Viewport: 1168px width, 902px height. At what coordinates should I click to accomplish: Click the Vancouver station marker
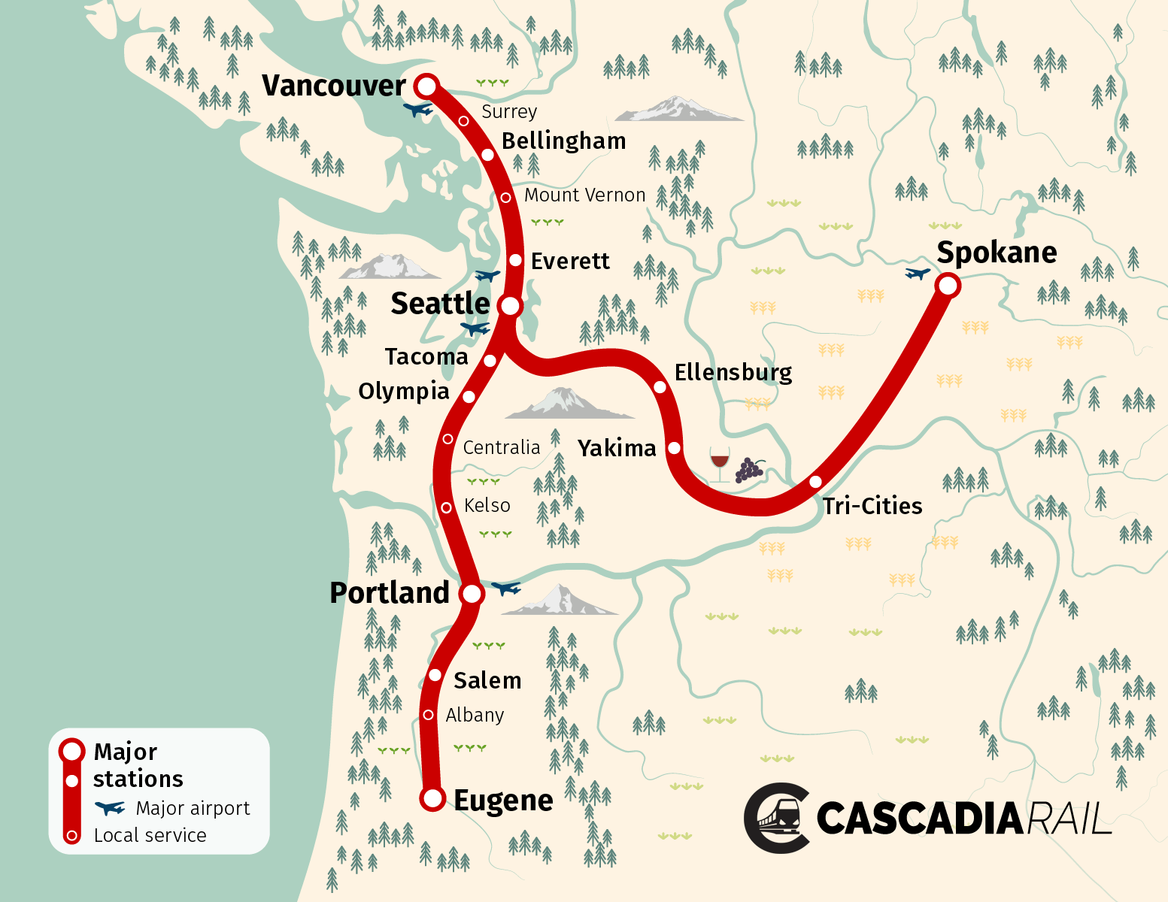426,86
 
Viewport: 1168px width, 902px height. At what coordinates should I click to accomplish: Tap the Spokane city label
997,253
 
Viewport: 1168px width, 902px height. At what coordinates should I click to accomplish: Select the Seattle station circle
510,306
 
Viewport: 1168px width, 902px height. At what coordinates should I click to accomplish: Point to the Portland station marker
472,593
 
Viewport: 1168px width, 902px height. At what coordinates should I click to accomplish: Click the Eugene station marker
432,798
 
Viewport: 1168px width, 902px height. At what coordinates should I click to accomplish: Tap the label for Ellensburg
733,373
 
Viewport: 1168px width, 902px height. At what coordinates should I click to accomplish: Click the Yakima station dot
675,448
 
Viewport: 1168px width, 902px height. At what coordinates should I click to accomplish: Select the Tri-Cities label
872,506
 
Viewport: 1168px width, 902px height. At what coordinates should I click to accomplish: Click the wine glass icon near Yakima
720,463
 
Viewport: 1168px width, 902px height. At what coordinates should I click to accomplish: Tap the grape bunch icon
749,470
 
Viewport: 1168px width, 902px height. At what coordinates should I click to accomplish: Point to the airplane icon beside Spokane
918,274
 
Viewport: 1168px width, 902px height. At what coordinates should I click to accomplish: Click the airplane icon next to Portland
505,588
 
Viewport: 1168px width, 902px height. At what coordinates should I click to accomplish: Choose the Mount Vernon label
584,195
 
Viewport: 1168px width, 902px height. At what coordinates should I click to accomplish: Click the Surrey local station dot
464,121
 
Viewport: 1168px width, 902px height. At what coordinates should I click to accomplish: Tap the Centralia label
501,448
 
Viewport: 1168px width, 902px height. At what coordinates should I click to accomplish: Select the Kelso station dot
446,508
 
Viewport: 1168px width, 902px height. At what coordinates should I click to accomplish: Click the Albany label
475,715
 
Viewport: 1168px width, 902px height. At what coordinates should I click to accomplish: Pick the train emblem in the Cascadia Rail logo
778,818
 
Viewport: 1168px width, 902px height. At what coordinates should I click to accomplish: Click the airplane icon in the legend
110,808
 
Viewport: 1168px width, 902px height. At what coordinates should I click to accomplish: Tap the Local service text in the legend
150,835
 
